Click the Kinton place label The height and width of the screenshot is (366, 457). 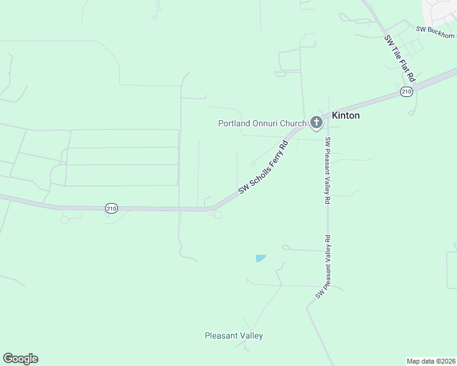pos(345,115)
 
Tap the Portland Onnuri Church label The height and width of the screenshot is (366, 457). pos(262,123)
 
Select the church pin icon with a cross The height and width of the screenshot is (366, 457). pos(316,123)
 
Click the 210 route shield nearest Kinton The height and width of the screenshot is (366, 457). pos(407,91)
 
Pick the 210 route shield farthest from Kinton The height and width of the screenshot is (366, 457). pos(111,208)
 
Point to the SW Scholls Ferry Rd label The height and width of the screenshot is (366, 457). pos(263,168)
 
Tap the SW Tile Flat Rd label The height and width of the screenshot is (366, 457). pos(400,59)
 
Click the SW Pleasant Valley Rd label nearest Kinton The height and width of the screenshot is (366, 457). pos(327,170)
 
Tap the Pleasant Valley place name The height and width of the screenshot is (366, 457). pos(233,335)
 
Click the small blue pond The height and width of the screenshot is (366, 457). pos(260,258)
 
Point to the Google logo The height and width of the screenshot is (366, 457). pos(20,359)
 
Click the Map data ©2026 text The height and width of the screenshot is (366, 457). pos(431,361)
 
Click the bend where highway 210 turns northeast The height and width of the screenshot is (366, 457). pos(214,209)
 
